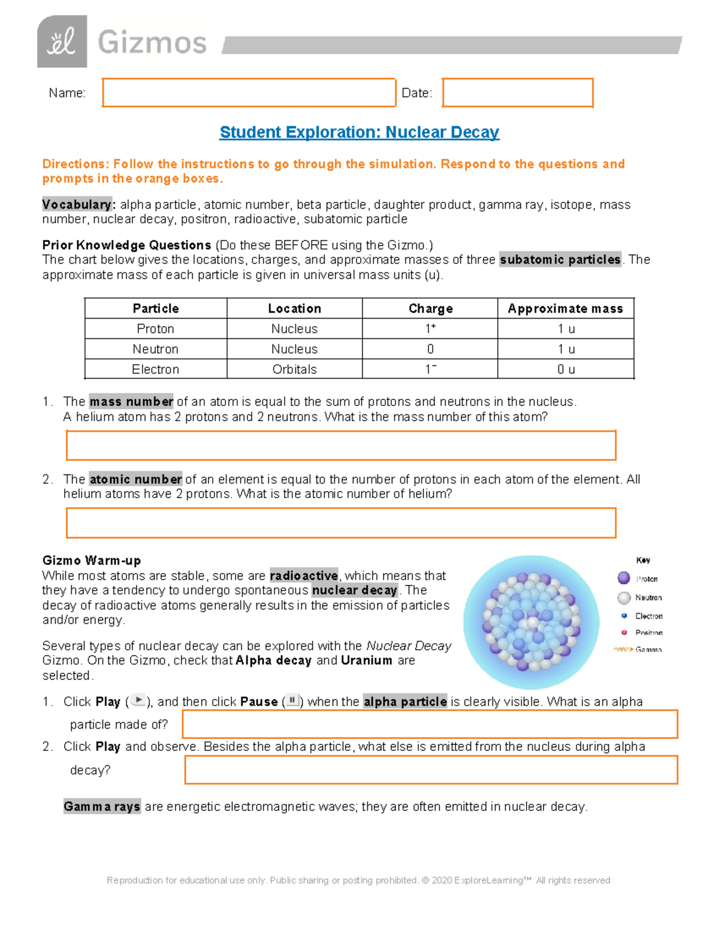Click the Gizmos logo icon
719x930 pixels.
[x=62, y=42]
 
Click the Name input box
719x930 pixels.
[x=249, y=93]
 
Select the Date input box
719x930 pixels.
[x=517, y=93]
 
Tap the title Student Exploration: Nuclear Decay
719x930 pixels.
[x=359, y=132]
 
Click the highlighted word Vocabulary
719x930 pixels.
[x=77, y=205]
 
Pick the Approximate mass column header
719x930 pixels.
[x=565, y=308]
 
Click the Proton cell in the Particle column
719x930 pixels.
[x=155, y=329]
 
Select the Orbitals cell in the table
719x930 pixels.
[x=294, y=369]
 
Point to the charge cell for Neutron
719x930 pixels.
[x=430, y=349]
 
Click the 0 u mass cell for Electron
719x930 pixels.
[x=565, y=369]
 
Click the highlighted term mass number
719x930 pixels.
[x=131, y=402]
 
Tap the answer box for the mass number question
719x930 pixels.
[x=340, y=446]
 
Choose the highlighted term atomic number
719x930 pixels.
[x=135, y=480]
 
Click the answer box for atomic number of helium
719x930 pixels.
[x=340, y=523]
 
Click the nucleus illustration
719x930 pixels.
[x=531, y=622]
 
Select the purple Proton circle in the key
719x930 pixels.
[x=624, y=578]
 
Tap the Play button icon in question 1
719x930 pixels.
[x=138, y=701]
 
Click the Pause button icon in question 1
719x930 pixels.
[x=292, y=701]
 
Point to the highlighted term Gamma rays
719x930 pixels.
[x=102, y=807]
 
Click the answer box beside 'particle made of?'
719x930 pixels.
[x=430, y=724]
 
